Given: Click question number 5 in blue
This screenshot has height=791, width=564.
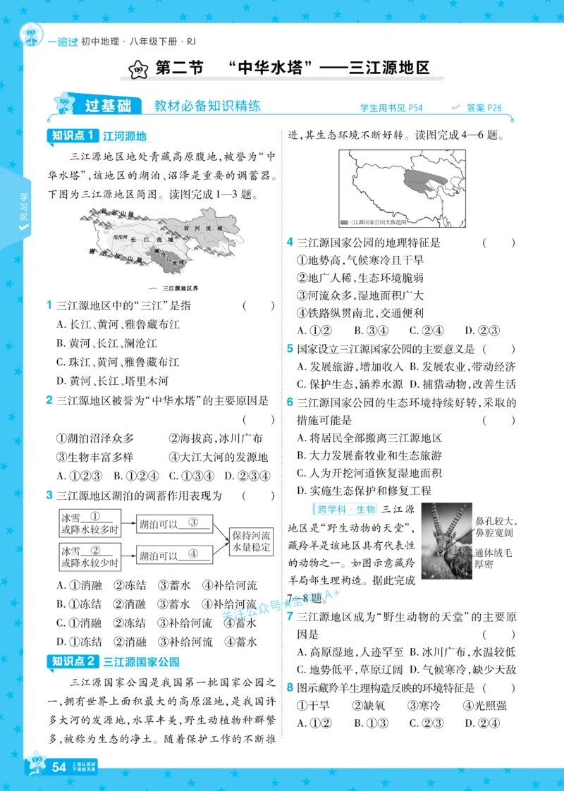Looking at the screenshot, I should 290,349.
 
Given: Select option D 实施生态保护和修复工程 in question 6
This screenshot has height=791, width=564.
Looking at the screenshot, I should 364,491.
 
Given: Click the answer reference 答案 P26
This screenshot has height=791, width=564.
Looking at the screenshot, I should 483,108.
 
